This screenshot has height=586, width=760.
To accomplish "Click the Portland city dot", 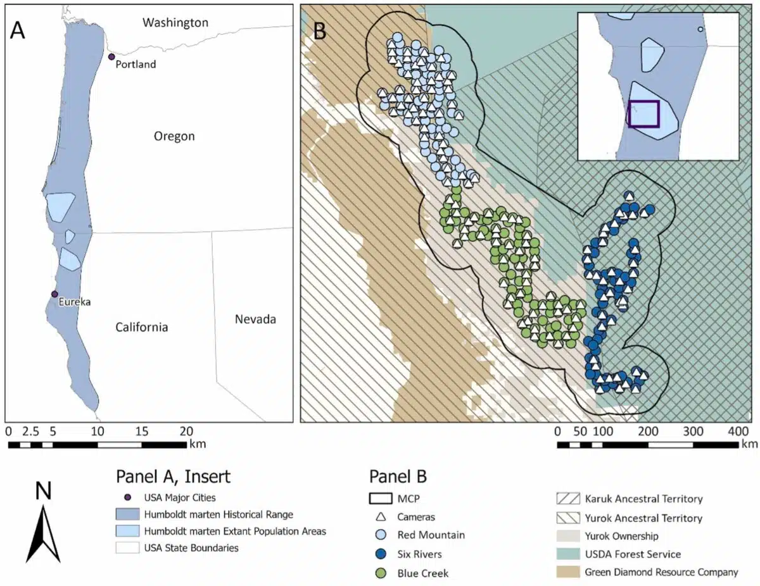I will [111, 57].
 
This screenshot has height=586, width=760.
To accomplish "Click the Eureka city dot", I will [54, 294].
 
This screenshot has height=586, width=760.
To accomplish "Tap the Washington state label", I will [175, 23].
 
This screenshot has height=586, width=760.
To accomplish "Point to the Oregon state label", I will [174, 136].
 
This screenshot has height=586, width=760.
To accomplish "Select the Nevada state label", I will [255, 319].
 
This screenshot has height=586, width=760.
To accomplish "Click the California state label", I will [141, 327].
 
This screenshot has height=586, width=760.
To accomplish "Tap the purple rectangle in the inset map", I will [644, 114].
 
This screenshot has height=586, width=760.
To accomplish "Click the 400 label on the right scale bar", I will [737, 432].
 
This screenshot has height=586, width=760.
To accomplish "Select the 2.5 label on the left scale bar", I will [30, 432].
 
